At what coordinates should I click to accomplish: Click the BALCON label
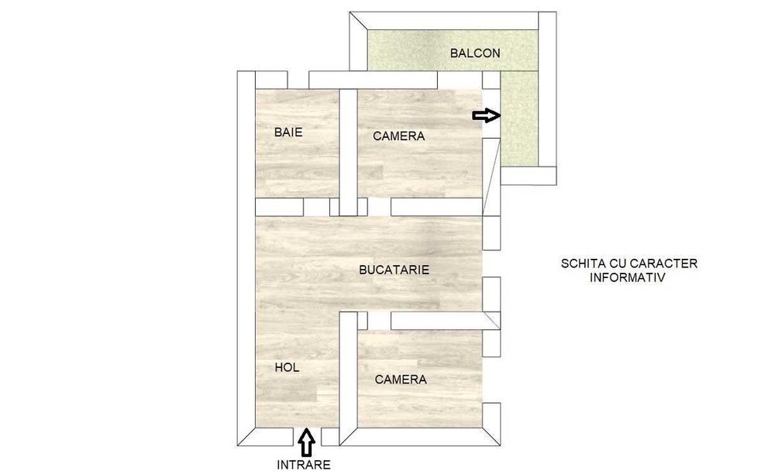pos(475,53)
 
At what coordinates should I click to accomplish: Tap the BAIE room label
pos(288,133)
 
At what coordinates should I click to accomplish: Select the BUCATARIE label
pos(394,270)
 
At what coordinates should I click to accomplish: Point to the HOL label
pos(287,367)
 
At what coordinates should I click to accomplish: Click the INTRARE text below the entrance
pos(304,465)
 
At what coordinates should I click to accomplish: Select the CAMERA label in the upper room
pos(398,136)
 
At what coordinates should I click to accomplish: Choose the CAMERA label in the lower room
pos(400,380)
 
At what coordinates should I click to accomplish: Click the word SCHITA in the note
pos(583,263)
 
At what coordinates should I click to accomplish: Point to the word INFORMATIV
pos(627,277)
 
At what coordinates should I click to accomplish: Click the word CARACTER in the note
pos(667,263)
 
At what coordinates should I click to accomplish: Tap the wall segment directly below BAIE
pos(279,207)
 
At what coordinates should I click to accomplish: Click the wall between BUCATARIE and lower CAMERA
pos(438,319)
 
